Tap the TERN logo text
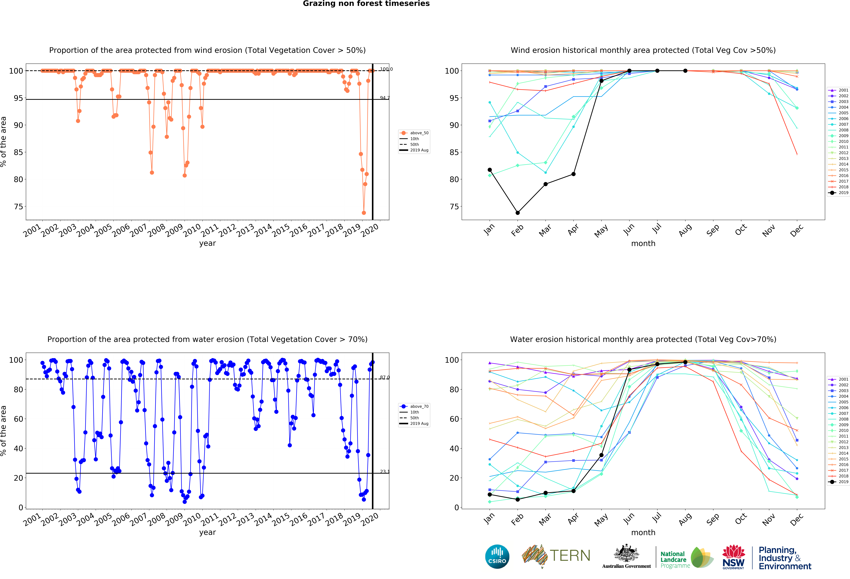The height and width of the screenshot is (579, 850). [x=570, y=556]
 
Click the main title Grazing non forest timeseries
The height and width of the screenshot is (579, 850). [x=366, y=4]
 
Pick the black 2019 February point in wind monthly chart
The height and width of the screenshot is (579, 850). [x=518, y=213]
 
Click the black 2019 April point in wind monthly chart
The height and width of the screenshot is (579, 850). [x=573, y=174]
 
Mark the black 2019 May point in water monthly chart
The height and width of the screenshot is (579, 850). [x=601, y=455]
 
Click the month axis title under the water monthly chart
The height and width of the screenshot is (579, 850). [x=643, y=533]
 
